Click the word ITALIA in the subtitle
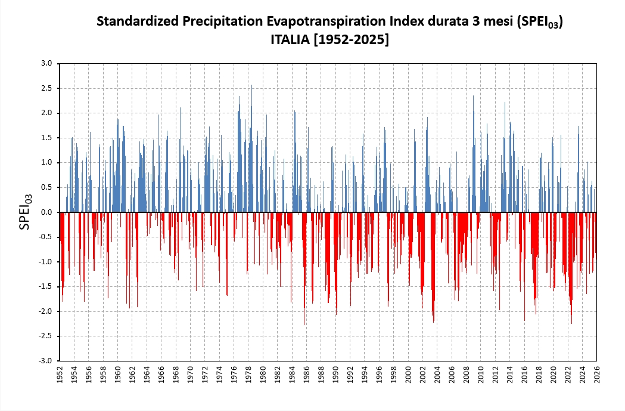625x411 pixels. (x=291, y=40)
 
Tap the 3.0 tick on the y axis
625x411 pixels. (x=47, y=63)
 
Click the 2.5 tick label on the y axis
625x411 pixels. (x=47, y=88)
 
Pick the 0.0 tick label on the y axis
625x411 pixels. (x=47, y=212)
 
